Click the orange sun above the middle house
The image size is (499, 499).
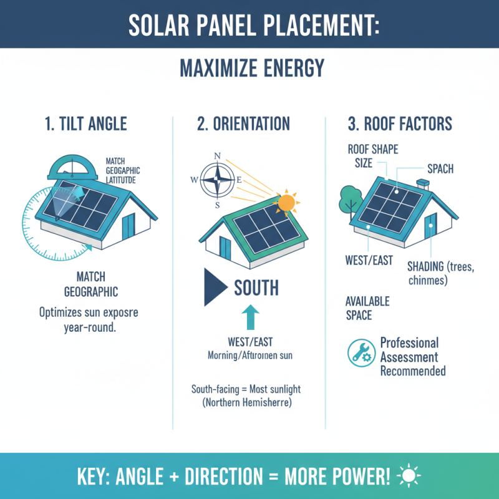(286, 203)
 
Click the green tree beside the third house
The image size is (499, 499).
(347, 199)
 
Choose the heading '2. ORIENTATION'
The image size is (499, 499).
(243, 124)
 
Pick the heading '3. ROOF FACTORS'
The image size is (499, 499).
(400, 124)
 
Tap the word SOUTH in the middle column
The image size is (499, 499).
(256, 288)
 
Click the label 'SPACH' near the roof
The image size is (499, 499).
(440, 168)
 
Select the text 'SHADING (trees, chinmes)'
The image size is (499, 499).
(440, 274)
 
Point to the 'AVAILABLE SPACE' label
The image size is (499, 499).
(367, 308)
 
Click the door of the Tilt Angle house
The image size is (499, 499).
(128, 224)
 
